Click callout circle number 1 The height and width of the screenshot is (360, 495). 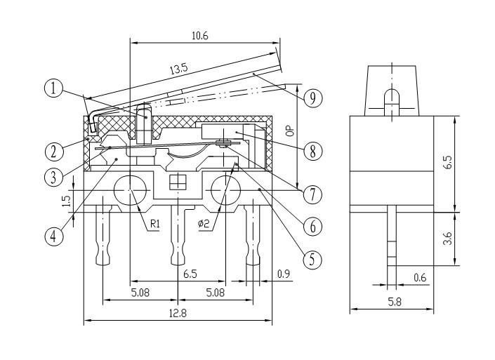tap(53, 88)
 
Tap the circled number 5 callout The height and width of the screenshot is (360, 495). tap(312, 260)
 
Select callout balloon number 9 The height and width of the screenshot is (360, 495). tap(312, 98)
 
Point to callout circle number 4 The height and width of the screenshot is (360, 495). tap(53, 235)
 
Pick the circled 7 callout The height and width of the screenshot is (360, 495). tap(312, 194)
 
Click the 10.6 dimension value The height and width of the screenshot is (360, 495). tap(200, 36)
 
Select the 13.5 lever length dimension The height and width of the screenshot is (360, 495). tap(179, 69)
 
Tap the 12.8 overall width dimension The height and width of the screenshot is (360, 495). tap(178, 313)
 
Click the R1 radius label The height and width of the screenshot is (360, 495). tap(154, 224)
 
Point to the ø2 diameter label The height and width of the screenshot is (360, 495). tap(204, 224)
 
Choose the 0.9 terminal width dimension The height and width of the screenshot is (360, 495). tap(284, 274)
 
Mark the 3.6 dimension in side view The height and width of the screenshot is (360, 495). tap(447, 239)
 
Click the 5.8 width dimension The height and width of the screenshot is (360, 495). tap(395, 302)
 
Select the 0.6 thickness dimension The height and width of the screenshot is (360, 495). tap(420, 278)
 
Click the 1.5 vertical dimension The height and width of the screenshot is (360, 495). tap(66, 201)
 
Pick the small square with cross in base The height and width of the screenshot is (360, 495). tap(178, 182)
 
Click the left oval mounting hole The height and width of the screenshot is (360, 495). tap(130, 190)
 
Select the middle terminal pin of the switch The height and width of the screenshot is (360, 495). tap(178, 235)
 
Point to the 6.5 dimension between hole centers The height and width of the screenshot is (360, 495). tap(190, 274)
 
